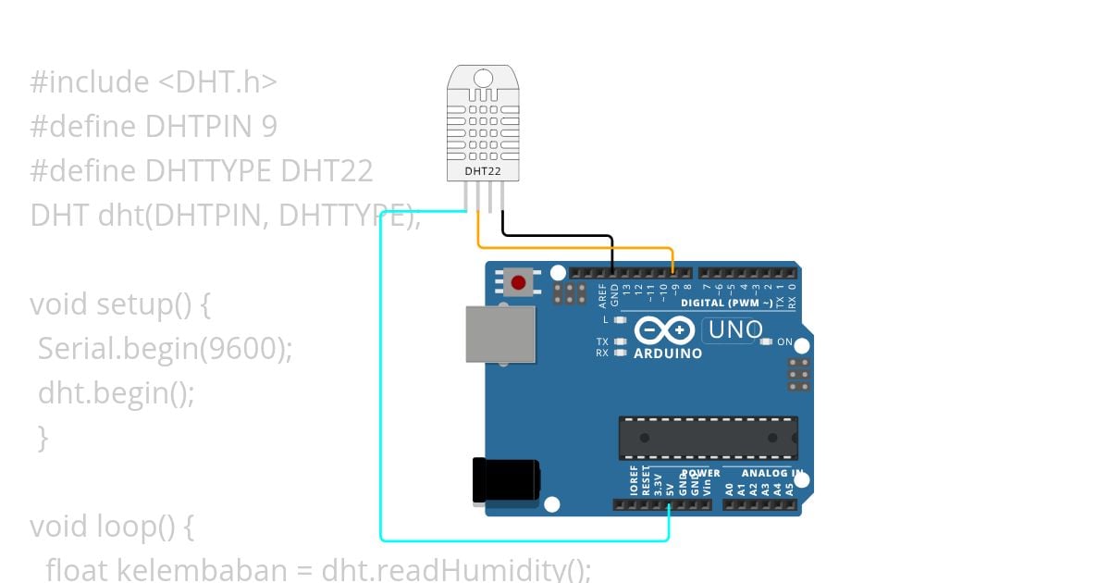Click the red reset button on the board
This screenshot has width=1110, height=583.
pyautogui.click(x=518, y=282)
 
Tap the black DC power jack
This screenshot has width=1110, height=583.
pyautogui.click(x=504, y=480)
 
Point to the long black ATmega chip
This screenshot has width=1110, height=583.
pyautogui.click(x=708, y=438)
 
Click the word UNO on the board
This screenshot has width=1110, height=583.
pyautogui.click(x=734, y=329)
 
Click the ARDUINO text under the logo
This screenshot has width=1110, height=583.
pyautogui.click(x=667, y=354)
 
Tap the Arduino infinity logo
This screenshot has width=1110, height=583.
pyautogui.click(x=664, y=330)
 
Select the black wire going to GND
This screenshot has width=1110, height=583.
pyautogui.click(x=555, y=236)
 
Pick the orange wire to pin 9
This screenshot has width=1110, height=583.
pyautogui.click(x=573, y=247)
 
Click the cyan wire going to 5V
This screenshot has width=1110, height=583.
pyautogui.click(x=381, y=370)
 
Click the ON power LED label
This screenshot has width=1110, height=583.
pyautogui.click(x=784, y=342)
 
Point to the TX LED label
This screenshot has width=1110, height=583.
pyautogui.click(x=602, y=341)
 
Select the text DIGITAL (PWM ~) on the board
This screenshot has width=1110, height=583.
pyautogui.click(x=726, y=303)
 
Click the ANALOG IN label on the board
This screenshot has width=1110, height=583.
pyautogui.click(x=771, y=473)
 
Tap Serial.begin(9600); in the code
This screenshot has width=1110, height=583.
pyautogui.click(x=165, y=349)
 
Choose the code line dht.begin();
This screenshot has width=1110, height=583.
pyautogui.click(x=117, y=393)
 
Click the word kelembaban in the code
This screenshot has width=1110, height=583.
pyautogui.click(x=204, y=569)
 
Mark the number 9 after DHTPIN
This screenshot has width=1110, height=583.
pyautogui.click(x=268, y=126)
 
